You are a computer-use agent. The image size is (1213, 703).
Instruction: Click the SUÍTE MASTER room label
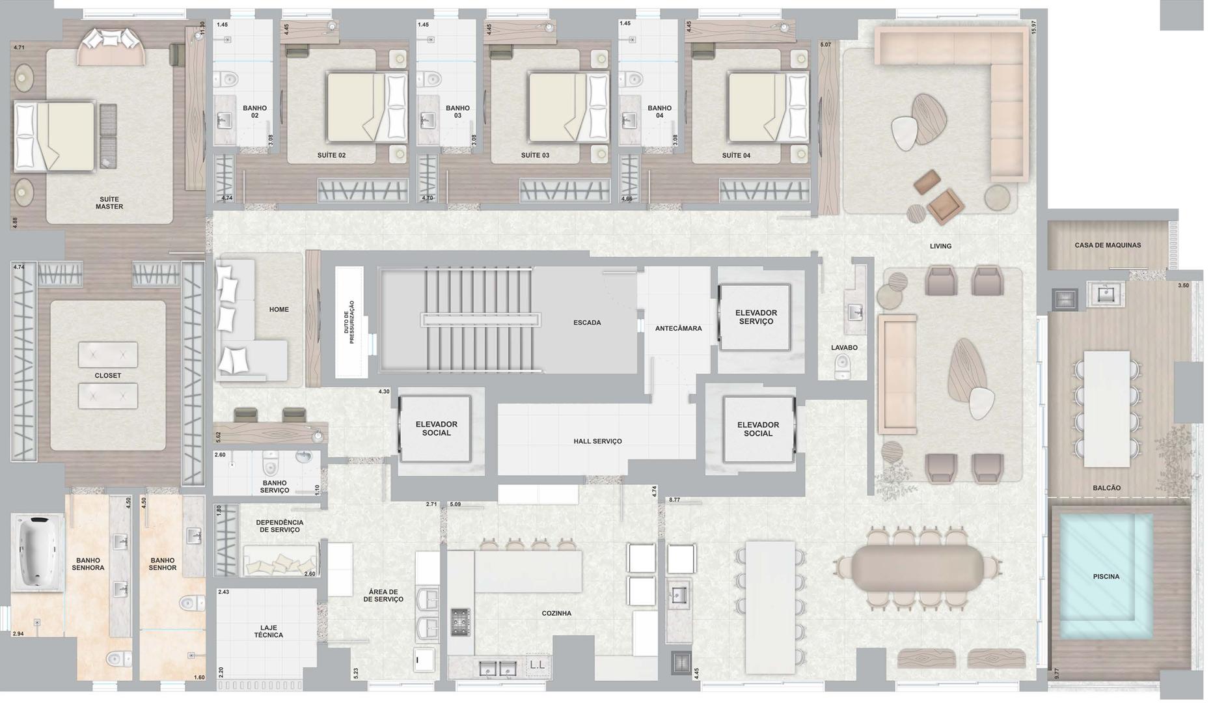click(109, 203)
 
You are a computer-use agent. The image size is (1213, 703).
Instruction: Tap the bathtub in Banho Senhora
click(38, 552)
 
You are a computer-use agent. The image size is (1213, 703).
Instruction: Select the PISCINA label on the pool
click(1106, 577)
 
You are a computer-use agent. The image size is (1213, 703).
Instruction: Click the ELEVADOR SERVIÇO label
click(756, 317)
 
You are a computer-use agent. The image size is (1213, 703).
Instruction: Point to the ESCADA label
click(587, 323)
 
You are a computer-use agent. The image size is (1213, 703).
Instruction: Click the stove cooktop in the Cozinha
click(461, 622)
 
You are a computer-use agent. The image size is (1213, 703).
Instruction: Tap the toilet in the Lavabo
click(843, 366)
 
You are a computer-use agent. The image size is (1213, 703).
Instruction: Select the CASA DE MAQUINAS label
click(1108, 245)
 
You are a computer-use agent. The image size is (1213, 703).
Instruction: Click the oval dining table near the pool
click(918, 568)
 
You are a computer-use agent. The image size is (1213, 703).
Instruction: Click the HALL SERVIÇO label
click(597, 441)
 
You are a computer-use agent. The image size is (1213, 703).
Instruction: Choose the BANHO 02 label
click(255, 112)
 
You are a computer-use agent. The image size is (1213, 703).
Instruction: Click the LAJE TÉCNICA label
click(269, 631)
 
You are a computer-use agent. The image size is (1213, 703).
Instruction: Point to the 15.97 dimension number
click(1033, 27)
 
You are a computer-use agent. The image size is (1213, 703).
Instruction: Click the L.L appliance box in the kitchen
click(538, 665)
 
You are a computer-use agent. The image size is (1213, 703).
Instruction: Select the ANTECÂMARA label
click(679, 329)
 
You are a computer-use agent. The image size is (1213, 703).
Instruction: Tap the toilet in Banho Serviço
click(270, 463)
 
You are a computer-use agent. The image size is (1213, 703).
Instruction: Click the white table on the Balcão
click(1107, 409)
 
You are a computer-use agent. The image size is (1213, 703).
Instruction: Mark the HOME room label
click(279, 310)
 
